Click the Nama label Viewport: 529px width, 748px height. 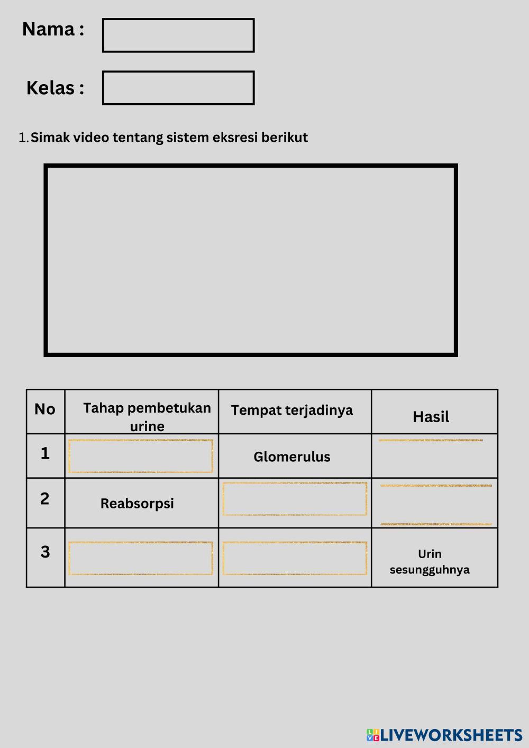coord(52,29)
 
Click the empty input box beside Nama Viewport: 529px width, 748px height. coord(178,35)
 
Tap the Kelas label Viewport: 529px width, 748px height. coord(55,88)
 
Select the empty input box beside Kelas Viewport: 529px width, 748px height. coord(178,88)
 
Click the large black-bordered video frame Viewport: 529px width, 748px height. coord(250,260)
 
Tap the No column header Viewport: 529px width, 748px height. coord(45,409)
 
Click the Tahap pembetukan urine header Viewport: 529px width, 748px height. coord(147,416)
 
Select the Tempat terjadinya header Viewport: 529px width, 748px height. coord(291,410)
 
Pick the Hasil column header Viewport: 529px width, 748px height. coord(431,417)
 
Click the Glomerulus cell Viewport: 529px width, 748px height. coord(291,457)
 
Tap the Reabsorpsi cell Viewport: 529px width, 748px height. coord(137,503)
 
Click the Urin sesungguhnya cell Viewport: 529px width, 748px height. coord(430,561)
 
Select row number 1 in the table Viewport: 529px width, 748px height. coord(45,453)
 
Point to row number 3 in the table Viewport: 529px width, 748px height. coord(45,552)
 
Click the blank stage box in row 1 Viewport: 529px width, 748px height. coord(140,455)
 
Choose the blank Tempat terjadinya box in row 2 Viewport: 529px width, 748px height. coord(295,498)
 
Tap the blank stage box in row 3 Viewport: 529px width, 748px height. coord(140,558)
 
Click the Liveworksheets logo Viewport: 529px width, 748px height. coord(444,735)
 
